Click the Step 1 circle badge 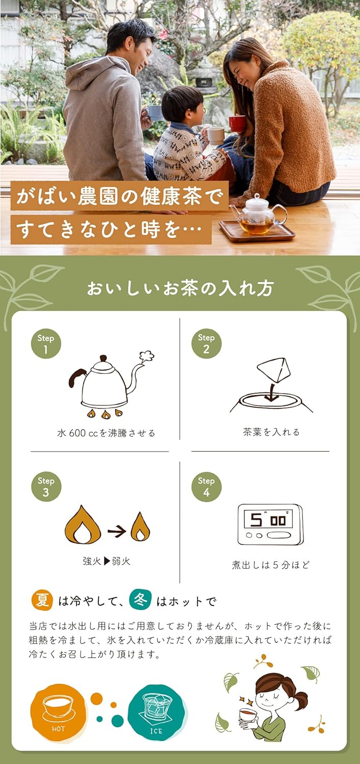click(46, 344)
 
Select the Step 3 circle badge click(46, 486)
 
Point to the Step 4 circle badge click(206, 486)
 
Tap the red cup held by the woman click(237, 123)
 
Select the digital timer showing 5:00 click(270, 524)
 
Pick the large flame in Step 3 click(82, 526)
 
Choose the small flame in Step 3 click(140, 527)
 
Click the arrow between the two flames click(117, 531)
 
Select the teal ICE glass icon click(156, 712)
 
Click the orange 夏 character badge click(42, 600)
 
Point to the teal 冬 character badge click(140, 600)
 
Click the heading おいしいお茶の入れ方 click(180, 288)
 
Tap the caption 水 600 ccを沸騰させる click(106, 433)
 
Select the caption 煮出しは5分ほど click(270, 565)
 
